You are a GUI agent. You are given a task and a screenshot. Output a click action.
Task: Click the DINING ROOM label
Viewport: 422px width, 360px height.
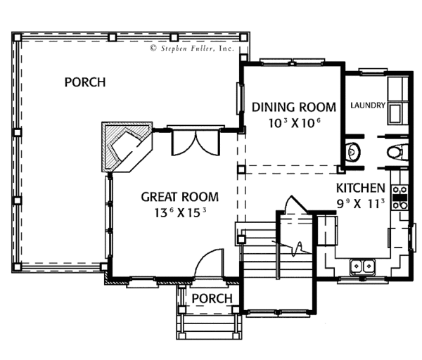[x=293, y=107]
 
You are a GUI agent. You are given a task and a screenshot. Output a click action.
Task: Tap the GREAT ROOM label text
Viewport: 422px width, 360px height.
[x=180, y=197]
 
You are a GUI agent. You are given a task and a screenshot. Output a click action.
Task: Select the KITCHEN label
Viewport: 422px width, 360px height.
[x=361, y=188]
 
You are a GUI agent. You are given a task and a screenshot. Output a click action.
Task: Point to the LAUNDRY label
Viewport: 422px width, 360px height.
[x=368, y=105]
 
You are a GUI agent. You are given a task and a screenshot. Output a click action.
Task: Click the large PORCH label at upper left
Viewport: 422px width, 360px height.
[x=85, y=82]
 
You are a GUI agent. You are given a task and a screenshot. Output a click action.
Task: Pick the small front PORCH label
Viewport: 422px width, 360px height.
[x=212, y=299]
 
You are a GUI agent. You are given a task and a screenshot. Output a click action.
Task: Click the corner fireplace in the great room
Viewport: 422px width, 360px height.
[x=127, y=147]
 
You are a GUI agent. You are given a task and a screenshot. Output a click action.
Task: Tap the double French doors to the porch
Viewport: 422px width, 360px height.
[x=196, y=142]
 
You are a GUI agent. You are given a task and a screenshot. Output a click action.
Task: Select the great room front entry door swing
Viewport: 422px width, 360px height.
[x=209, y=263]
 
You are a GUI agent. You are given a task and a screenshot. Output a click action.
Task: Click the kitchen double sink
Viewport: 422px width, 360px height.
[x=362, y=266]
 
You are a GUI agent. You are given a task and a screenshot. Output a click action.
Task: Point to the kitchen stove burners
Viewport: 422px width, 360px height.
[x=399, y=198]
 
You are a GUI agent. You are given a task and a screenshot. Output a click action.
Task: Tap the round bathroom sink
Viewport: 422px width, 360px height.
[x=353, y=153]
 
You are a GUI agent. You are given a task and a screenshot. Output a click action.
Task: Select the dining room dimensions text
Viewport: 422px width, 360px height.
[x=295, y=123]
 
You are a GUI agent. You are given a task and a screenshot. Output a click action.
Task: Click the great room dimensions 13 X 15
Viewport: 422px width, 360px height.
[x=180, y=213]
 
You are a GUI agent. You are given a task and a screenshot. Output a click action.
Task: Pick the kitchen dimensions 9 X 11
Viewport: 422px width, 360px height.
[x=361, y=204]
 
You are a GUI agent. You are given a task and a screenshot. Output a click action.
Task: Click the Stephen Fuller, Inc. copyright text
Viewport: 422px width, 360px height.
[x=192, y=49]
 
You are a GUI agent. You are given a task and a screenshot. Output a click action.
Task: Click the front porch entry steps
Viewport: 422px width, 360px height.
[x=209, y=327]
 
